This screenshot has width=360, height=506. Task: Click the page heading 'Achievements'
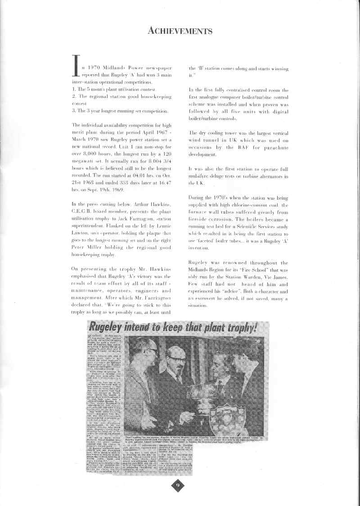coord(180,31)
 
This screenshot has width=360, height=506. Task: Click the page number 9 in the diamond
coord(178,485)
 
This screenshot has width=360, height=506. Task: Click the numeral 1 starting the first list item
coord(74,90)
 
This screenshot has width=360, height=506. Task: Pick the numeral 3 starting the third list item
coord(74,111)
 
